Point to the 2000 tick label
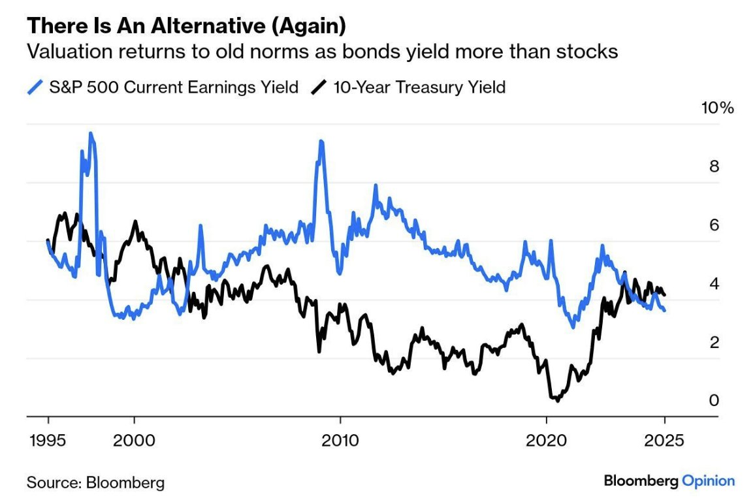tap(135, 439)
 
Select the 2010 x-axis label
tap(340, 439)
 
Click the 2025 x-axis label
tap(665, 439)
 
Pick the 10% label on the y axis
tap(717, 108)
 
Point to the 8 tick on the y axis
tap(714, 166)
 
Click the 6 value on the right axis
tap(714, 225)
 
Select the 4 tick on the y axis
tap(714, 284)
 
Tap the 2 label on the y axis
tap(714, 342)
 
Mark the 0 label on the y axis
tap(714, 400)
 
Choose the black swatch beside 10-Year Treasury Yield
tap(319, 87)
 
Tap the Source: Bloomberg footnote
tap(95, 483)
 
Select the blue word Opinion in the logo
tap(708, 481)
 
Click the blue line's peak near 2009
tap(321, 141)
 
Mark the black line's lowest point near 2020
tap(556, 400)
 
